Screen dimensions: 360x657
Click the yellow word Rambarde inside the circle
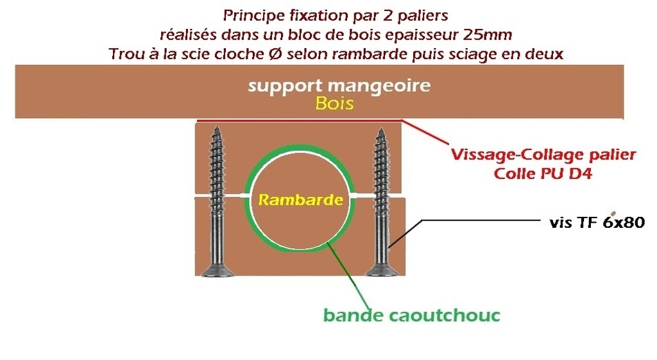click(x=300, y=200)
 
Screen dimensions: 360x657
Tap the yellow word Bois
click(x=334, y=104)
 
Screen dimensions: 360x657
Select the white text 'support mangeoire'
click(x=339, y=86)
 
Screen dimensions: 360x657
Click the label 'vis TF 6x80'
click(x=597, y=223)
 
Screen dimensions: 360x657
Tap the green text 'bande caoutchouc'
click(x=411, y=315)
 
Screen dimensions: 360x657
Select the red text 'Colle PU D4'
click(x=543, y=173)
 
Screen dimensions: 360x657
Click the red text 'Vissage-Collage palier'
click(x=543, y=155)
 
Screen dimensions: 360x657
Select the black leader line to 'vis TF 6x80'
click(x=481, y=219)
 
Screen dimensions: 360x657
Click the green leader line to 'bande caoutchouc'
click(x=350, y=276)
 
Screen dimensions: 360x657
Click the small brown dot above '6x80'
click(x=615, y=212)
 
